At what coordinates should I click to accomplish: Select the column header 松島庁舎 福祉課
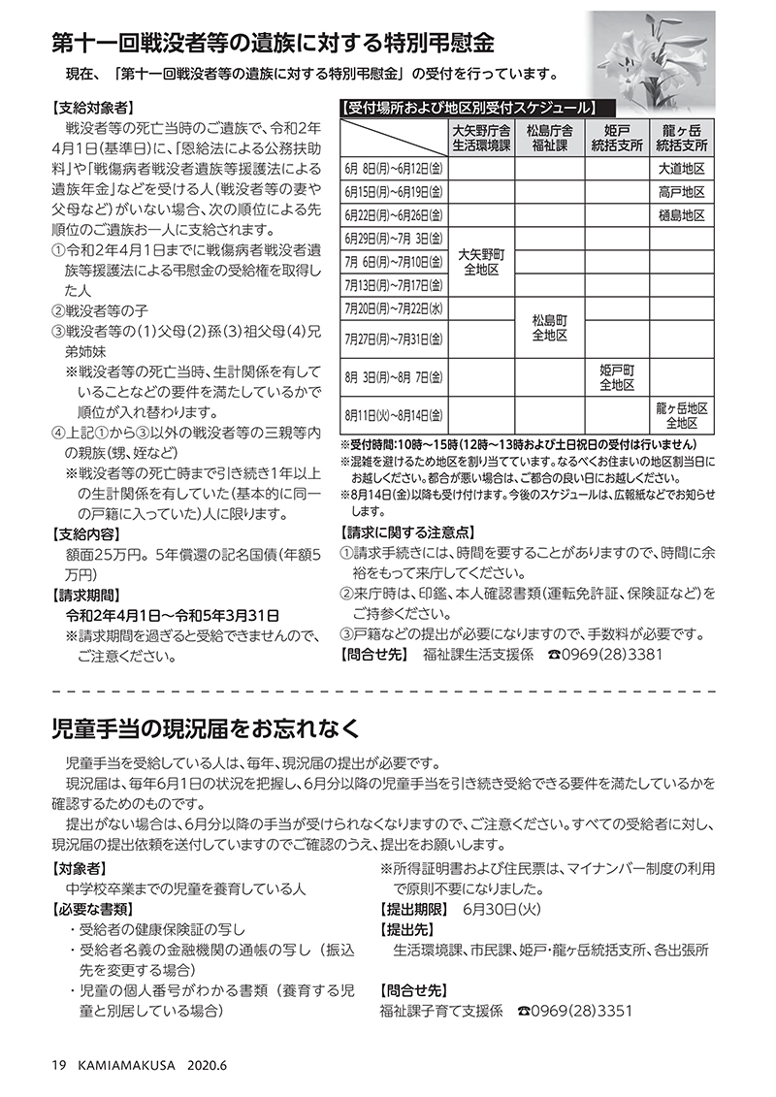[549, 136]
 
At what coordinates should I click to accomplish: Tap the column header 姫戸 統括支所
[616, 136]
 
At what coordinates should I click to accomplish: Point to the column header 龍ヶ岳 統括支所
[681, 136]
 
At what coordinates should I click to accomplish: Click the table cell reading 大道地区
[681, 168]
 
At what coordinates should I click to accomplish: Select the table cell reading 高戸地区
[681, 192]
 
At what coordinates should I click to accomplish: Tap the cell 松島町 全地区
[549, 328]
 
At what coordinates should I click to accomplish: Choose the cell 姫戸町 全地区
[616, 377]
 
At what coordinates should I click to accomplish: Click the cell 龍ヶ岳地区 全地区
[681, 415]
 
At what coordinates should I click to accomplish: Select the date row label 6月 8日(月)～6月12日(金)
[393, 168]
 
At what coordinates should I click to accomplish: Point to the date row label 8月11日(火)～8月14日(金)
[393, 415]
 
